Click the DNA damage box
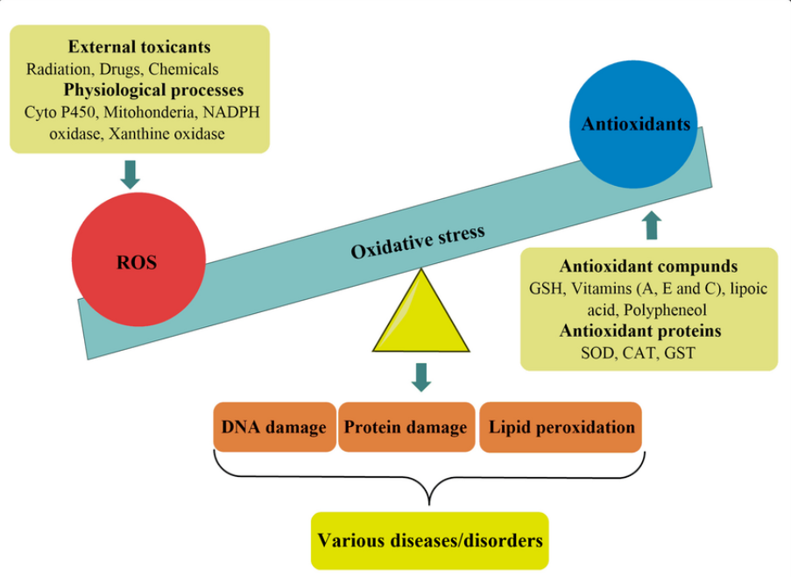(x=274, y=427)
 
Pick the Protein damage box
(x=406, y=427)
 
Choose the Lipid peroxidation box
(x=561, y=427)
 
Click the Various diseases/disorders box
(x=429, y=539)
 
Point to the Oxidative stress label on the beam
(x=418, y=239)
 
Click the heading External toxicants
(x=139, y=47)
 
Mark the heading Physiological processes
(x=153, y=89)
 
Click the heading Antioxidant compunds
(x=648, y=267)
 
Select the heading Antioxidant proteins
(x=640, y=331)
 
